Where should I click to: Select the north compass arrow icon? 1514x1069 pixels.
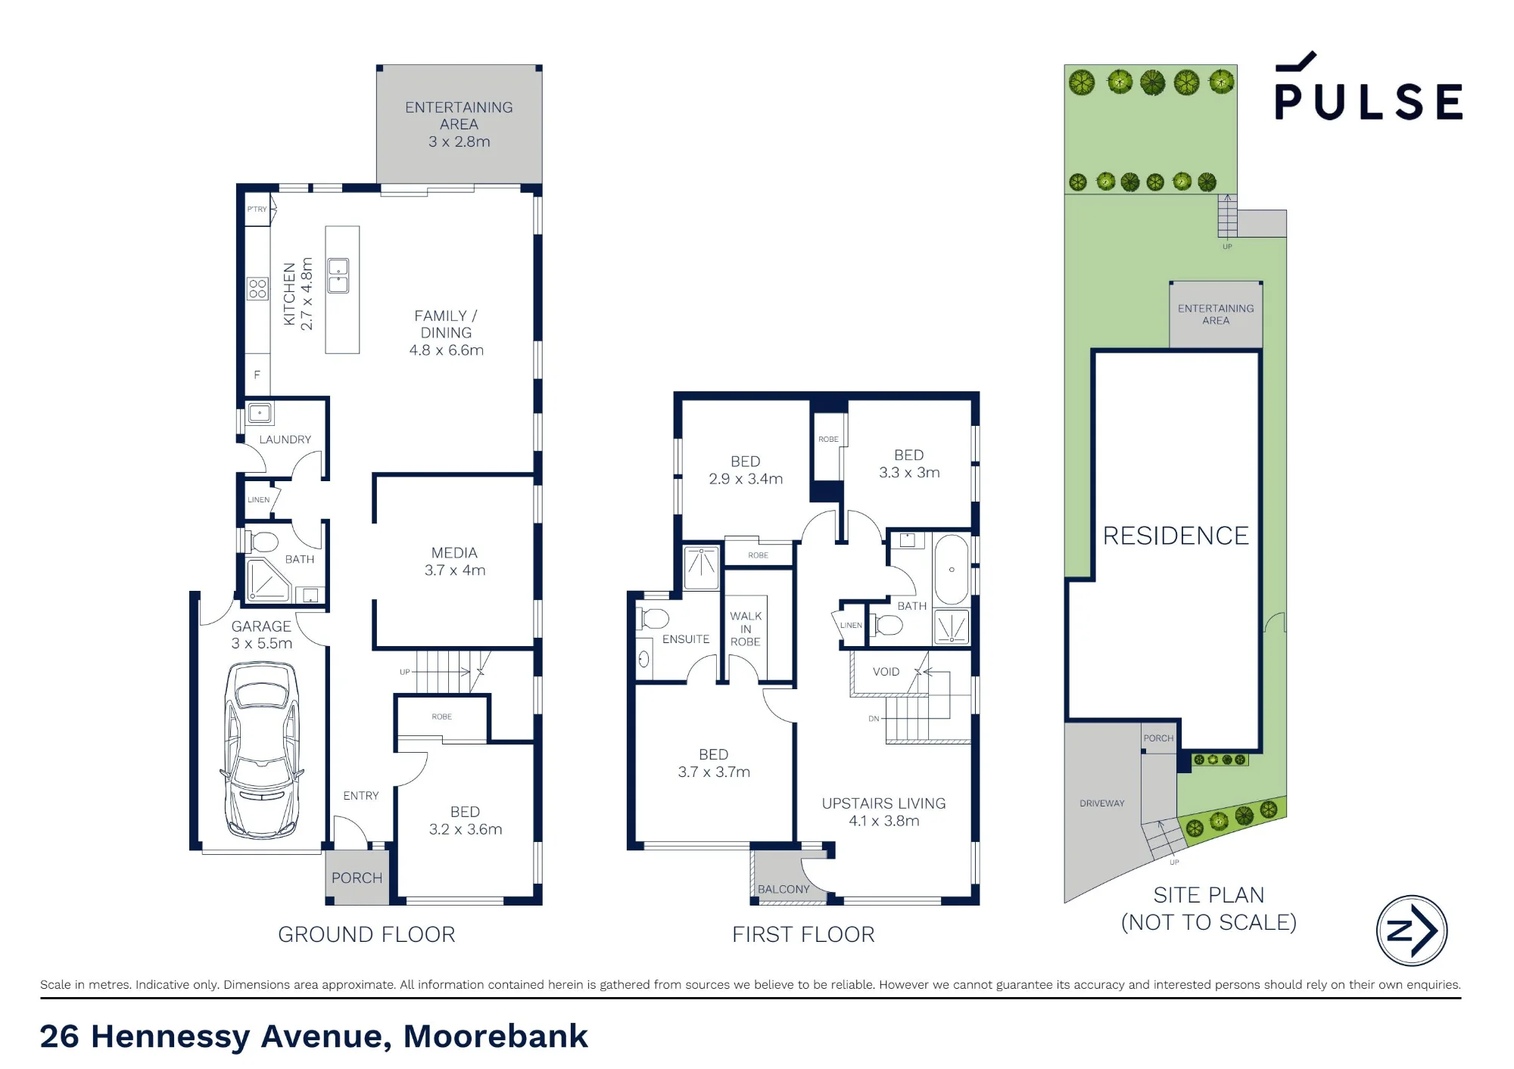coord(1411,931)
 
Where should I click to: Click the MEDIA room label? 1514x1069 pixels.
coord(454,553)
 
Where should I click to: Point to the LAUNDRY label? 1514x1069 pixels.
coord(285,440)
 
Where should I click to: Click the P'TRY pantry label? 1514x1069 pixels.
coord(257,210)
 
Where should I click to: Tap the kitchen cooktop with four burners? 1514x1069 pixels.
coord(257,288)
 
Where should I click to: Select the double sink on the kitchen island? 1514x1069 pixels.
coord(338,275)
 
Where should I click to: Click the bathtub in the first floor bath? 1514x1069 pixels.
coord(951,570)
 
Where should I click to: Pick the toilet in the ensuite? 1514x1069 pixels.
coord(653,618)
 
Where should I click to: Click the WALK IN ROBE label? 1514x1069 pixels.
coord(746,629)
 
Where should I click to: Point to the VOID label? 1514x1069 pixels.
coord(886,672)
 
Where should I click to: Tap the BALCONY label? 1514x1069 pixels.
coord(783,890)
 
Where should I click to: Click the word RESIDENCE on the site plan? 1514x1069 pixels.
coord(1176,536)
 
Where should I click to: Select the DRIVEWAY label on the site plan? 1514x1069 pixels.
coord(1102,803)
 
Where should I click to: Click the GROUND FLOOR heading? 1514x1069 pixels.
coord(366,935)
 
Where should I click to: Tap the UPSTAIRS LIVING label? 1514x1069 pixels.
coord(884,803)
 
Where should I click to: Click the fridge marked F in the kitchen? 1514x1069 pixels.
coord(257,374)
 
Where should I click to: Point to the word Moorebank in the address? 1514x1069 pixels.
coord(496,1036)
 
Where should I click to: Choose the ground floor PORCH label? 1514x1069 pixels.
coord(357,878)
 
